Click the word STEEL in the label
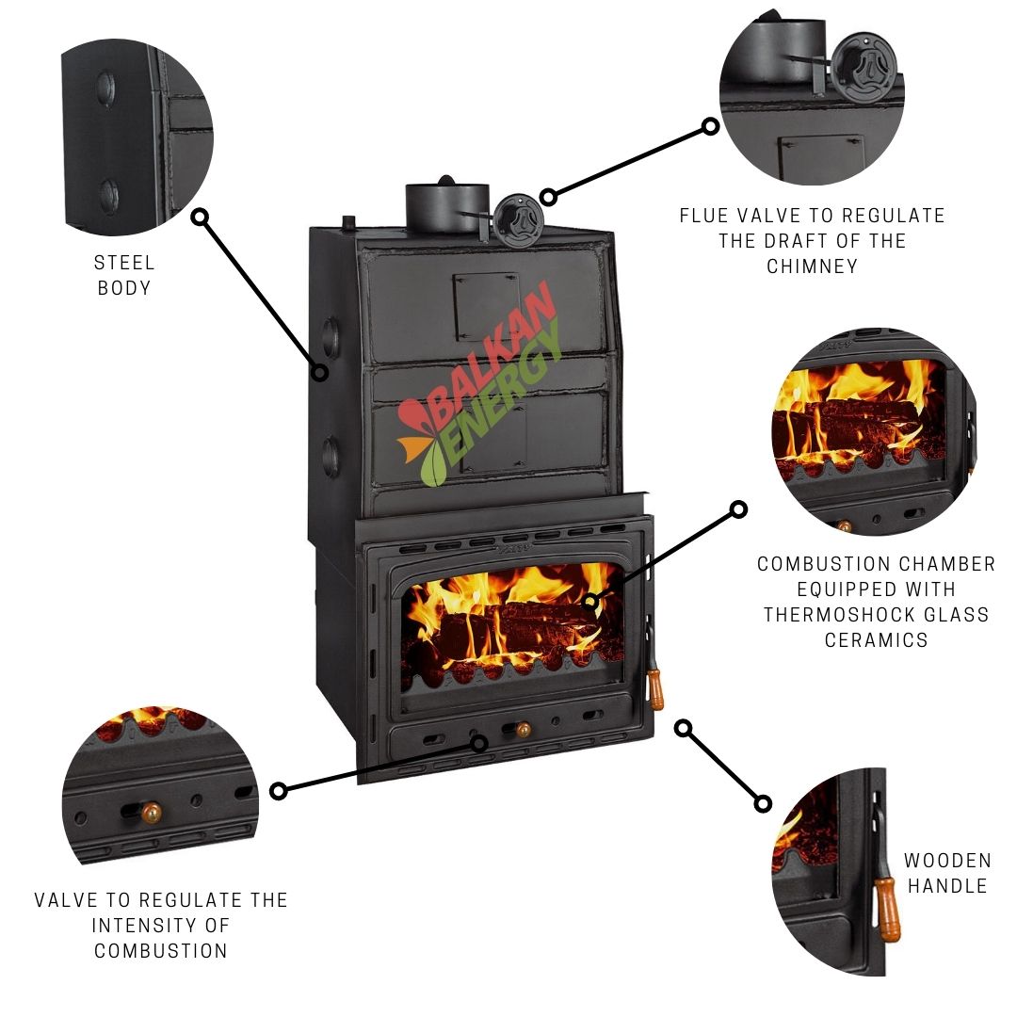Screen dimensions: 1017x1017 click(x=124, y=263)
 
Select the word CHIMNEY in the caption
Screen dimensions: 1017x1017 click(x=812, y=266)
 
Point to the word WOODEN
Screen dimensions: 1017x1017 click(x=947, y=861)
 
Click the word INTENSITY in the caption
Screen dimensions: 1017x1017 click(x=160, y=925)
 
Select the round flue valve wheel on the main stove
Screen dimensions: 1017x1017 click(x=517, y=218)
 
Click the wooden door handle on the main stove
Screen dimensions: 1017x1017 click(x=656, y=690)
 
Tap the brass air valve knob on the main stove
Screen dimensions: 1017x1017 click(x=521, y=729)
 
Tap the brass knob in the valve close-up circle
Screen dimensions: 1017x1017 click(x=151, y=811)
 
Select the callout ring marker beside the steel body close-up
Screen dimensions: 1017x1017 click(x=200, y=217)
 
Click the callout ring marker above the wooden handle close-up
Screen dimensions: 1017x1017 click(x=684, y=728)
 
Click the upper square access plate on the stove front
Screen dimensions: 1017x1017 click(x=486, y=306)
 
